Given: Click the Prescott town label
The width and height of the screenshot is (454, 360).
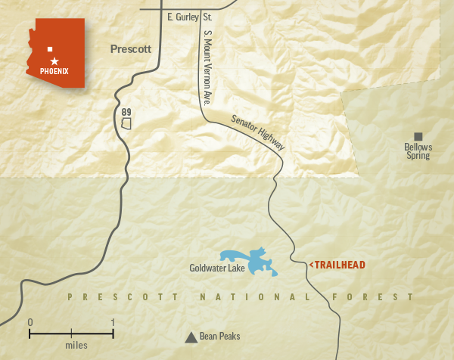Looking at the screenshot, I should coord(131,49).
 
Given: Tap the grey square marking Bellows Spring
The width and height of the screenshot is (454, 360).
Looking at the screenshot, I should coord(418,136).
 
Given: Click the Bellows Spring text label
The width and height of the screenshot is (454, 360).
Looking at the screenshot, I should coord(417,151).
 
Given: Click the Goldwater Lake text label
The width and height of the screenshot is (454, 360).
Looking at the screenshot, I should coord(217,267).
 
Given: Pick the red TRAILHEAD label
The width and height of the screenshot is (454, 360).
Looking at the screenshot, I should coord(337,265).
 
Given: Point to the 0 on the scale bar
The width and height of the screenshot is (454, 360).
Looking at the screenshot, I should coord(30,323).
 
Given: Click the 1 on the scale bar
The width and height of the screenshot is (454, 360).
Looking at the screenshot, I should coord(113,323).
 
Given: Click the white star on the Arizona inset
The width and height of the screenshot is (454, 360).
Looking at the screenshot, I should coord(54,60).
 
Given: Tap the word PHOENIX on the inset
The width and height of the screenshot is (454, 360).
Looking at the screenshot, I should coord(54,71).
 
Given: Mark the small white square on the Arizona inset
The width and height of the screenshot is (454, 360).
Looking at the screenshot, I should coord(50,48).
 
